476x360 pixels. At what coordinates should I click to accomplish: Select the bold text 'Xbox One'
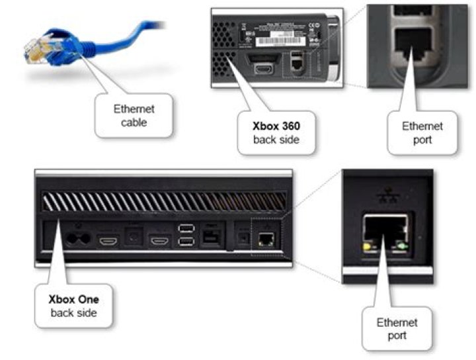point(73,298)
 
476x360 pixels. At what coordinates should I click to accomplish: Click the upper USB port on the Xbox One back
point(186,228)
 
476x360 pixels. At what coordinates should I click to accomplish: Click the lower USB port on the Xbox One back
point(186,242)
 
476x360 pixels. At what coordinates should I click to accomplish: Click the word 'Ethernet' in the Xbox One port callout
point(397,322)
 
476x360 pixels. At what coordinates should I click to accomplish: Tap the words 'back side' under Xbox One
point(73,312)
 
